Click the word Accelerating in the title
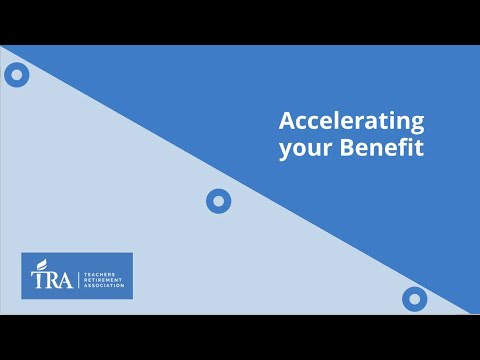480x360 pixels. (x=351, y=123)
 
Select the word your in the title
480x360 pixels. (x=301, y=149)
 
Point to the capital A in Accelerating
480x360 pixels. (x=286, y=122)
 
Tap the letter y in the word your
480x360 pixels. (x=284, y=151)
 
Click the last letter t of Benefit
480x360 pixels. (x=420, y=148)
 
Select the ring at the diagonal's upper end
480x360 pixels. (x=16, y=74)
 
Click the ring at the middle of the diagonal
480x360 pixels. (x=218, y=201)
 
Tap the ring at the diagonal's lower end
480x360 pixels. (x=414, y=298)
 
